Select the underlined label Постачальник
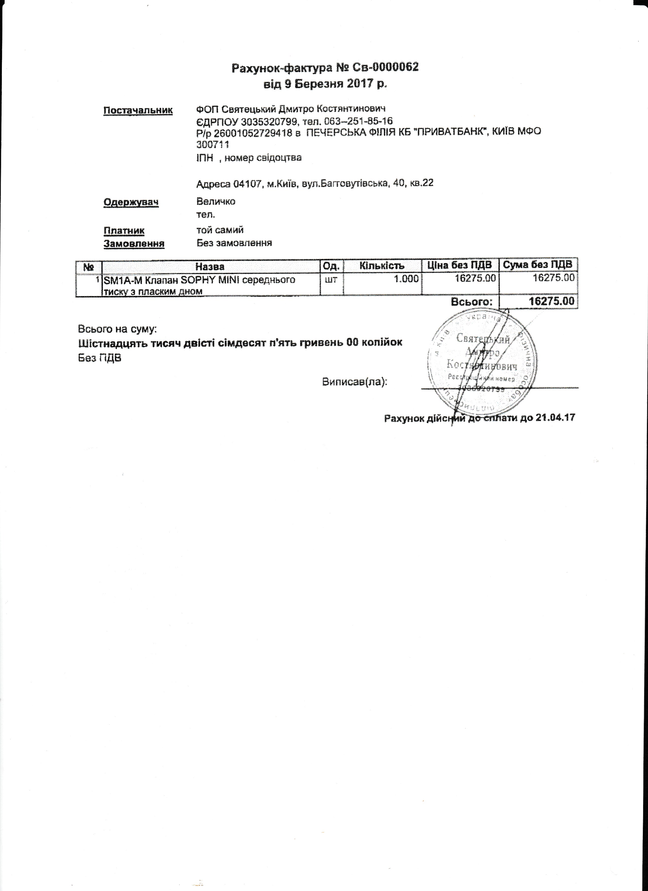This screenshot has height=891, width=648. click(138, 110)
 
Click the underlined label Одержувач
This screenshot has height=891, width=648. click(131, 202)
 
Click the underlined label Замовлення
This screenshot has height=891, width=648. click(134, 244)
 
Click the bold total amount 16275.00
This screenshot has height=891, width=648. click(552, 302)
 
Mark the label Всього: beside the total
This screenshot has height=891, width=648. click(471, 302)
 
